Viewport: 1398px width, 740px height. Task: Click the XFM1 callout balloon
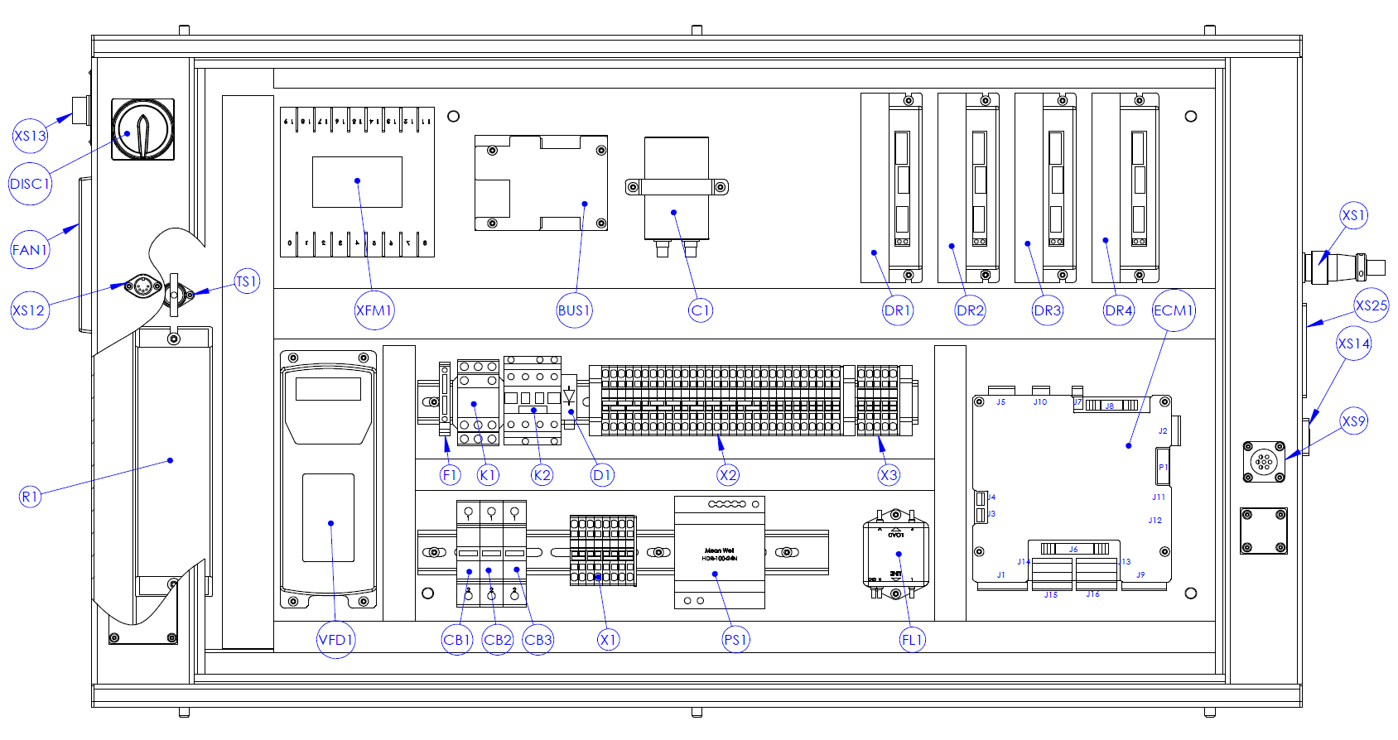(x=374, y=310)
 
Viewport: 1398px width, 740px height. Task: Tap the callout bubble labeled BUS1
(x=574, y=310)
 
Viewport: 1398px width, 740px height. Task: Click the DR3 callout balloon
(x=1047, y=310)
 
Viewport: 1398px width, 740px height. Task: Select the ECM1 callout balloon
(x=1174, y=310)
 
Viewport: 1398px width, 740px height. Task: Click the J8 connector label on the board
(x=1109, y=406)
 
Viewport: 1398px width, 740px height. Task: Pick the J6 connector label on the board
(x=1073, y=549)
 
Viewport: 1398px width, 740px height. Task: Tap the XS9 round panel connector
(x=1263, y=462)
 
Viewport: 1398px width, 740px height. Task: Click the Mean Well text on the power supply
(x=719, y=550)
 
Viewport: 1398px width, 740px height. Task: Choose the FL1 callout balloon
(x=912, y=639)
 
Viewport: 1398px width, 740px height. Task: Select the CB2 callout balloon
(x=498, y=640)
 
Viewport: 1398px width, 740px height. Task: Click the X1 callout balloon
(x=609, y=640)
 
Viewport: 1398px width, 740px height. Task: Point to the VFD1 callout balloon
(x=336, y=640)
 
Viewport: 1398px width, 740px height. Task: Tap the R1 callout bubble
(x=30, y=497)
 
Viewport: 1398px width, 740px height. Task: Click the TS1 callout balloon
(x=247, y=281)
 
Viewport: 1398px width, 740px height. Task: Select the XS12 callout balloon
(x=29, y=310)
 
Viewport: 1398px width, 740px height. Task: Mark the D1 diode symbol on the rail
(x=569, y=396)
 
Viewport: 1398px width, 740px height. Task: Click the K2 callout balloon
(x=542, y=475)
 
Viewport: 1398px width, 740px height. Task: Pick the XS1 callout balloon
(x=1353, y=215)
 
